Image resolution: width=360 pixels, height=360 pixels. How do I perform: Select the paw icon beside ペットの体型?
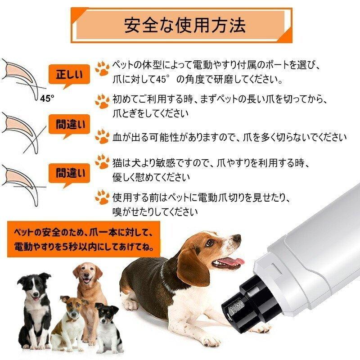click(102, 68)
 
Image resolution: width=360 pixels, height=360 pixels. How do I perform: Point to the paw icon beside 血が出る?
click(102, 137)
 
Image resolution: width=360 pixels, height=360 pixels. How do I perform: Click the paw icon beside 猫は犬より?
click(102, 162)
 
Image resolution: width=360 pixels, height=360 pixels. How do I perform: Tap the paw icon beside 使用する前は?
click(102, 196)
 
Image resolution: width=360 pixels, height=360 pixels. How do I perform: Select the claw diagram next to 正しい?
click(22, 76)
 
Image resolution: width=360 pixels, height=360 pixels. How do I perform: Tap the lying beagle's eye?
click(210, 243)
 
